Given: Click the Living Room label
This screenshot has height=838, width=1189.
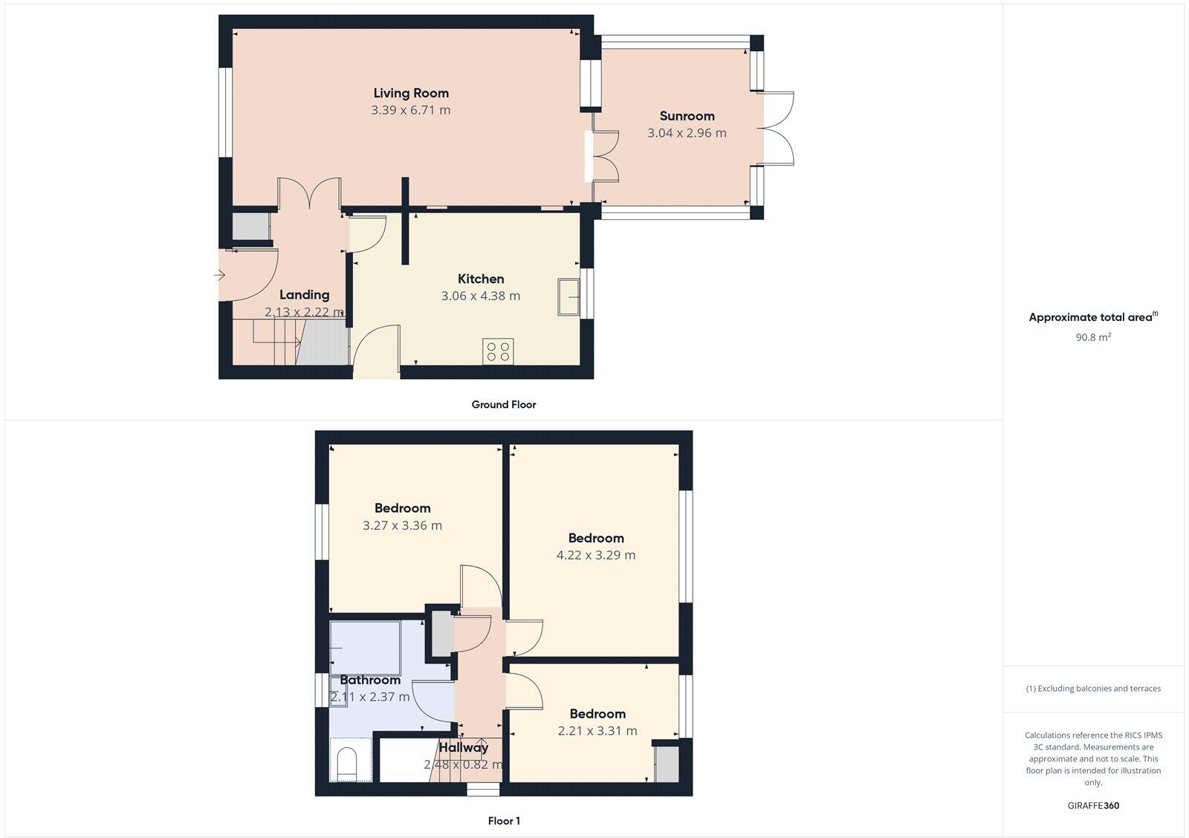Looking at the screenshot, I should pos(411,93).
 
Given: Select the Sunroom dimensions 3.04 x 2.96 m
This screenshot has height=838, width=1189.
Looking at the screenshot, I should pos(687,133).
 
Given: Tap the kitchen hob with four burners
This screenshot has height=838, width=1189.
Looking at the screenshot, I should pos(498,351).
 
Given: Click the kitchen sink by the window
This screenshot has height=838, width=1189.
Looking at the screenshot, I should pos(569,296).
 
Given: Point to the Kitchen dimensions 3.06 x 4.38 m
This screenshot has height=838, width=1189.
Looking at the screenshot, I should pos(481,296).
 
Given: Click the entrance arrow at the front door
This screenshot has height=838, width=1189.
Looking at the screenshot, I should pos(219,276).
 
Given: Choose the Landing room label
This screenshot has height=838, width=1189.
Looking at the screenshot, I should pos(305,295).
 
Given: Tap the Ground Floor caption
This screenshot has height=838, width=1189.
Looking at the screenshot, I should pos(503,405).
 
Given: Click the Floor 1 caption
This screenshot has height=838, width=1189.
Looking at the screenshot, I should pos(504,821).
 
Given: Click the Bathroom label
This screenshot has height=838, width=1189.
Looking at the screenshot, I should pos(370,680).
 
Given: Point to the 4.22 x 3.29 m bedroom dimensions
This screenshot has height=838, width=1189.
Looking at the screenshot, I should pos(596,555).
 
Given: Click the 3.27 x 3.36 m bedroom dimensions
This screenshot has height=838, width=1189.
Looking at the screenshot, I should pos(402,525).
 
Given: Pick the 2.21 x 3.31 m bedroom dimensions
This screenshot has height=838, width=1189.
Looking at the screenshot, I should pos(597,731).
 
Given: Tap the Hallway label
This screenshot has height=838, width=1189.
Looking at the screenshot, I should pos(463,747).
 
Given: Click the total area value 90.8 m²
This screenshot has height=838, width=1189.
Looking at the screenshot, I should pos(1092,337).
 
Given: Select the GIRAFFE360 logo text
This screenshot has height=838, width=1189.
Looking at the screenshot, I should pos(1093,805).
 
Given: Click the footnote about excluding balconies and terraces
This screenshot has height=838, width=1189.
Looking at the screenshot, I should pos(1093,689).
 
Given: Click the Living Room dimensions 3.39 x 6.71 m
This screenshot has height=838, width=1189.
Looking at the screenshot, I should pos(411,110).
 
